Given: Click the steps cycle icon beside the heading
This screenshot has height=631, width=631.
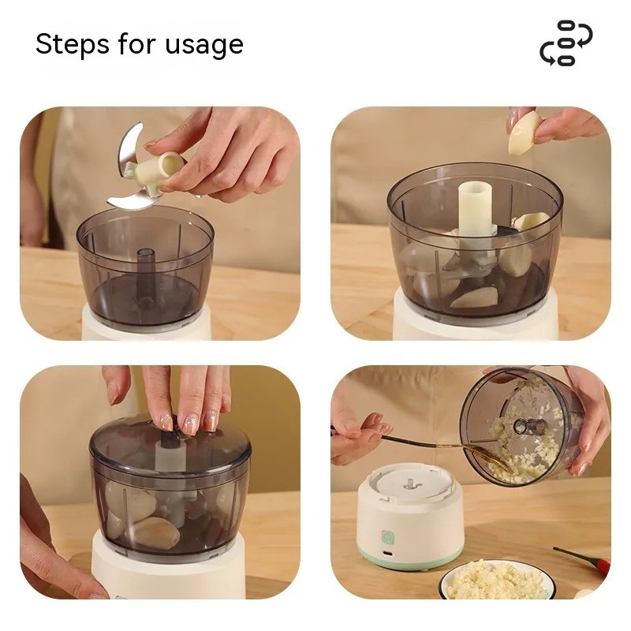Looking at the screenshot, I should tap(566, 43).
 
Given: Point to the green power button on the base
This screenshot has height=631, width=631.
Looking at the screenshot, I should tap(387, 537).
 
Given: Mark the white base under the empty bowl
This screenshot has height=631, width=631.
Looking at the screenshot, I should tap(146, 323).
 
